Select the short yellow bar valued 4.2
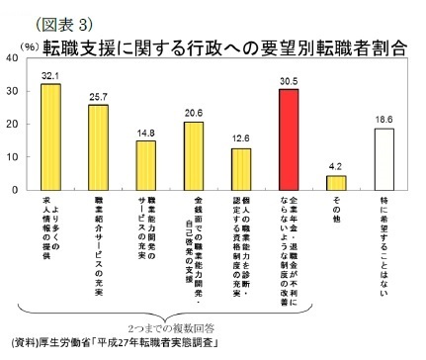(x=336, y=182)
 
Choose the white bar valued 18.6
(x=383, y=158)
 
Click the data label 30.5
(x=288, y=80)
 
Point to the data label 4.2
(x=336, y=167)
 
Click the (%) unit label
(x=28, y=45)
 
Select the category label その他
(x=336, y=213)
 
